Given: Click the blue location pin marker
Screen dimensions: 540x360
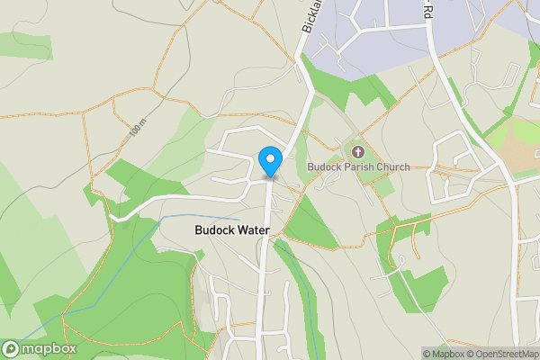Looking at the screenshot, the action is [269, 160].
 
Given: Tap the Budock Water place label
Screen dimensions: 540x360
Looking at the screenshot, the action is [232, 230].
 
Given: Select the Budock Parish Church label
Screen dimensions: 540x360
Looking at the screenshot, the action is [358, 166].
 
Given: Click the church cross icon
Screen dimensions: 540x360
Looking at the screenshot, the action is [358, 151].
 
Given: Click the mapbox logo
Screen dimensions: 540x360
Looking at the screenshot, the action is [40, 349].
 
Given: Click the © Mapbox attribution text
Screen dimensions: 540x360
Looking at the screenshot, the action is [443, 354].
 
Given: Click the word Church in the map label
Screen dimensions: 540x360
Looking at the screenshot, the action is [391, 166].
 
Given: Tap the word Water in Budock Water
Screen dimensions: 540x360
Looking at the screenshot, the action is [252, 230].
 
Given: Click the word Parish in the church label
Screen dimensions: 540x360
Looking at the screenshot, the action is [357, 166].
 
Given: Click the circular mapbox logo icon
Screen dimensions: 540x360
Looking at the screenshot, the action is [11, 349].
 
